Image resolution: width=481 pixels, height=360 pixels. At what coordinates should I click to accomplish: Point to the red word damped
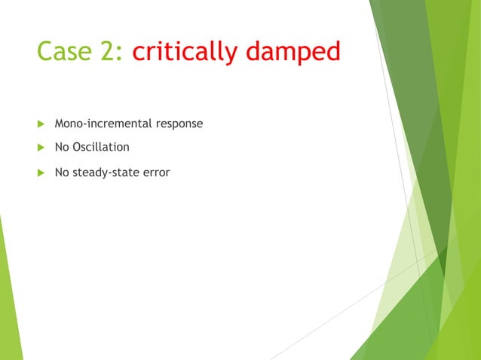(296, 52)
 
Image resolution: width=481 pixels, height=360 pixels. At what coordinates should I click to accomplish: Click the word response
(179, 124)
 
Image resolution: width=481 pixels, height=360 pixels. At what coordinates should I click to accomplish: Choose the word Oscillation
(101, 147)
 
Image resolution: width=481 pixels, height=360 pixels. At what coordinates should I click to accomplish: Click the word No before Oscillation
(62, 147)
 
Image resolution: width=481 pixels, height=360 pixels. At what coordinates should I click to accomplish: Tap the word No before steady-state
(62, 172)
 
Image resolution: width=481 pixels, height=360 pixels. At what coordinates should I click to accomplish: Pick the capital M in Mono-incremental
(60, 123)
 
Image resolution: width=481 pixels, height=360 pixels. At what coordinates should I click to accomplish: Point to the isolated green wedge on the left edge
(9, 301)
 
